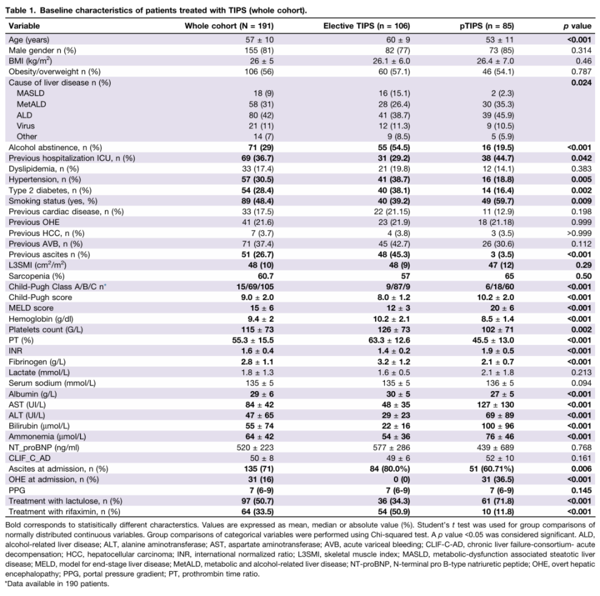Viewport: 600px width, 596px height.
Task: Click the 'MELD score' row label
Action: pos(31,308)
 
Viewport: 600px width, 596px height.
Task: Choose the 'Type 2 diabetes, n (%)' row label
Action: pos(50,190)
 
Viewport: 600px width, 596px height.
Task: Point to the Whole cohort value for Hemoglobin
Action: pos(261,319)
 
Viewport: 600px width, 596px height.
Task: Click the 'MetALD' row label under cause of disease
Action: pos(31,104)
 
